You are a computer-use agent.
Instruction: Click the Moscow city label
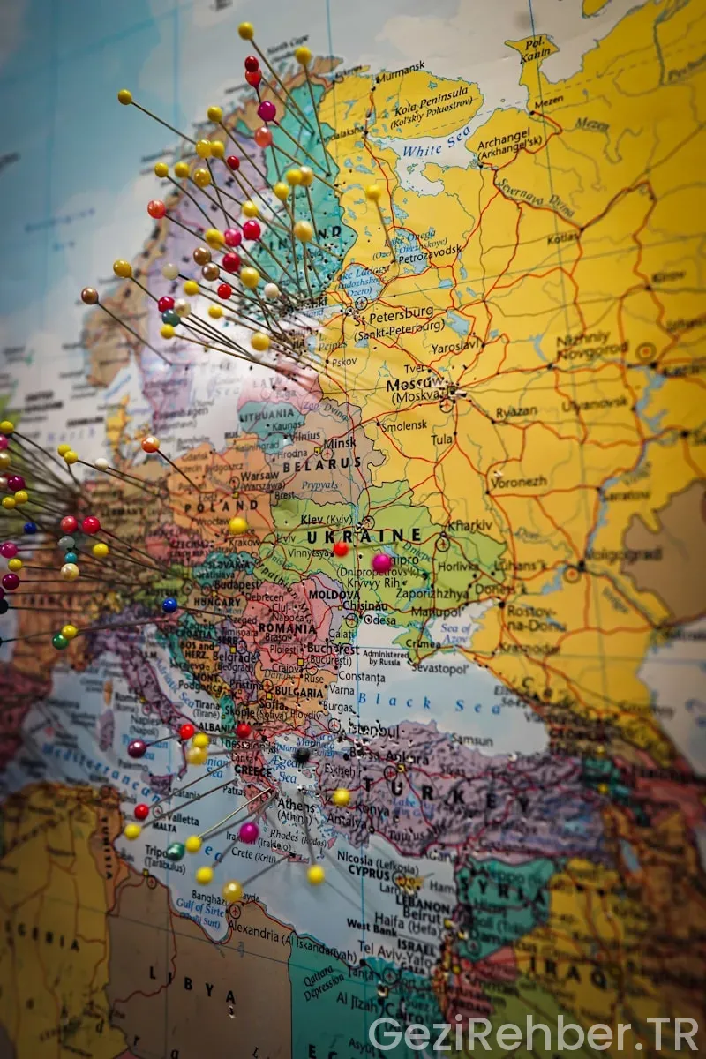(415, 385)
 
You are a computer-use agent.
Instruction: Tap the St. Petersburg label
(394, 312)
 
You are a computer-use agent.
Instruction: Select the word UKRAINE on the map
(364, 536)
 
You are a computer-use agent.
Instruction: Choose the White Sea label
(437, 141)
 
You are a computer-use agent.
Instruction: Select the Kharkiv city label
(469, 525)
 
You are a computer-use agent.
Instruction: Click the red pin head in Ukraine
(341, 549)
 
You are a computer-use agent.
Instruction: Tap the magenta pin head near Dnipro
(381, 562)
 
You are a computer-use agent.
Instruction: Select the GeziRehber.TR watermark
(533, 1033)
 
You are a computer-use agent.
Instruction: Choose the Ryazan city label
(516, 412)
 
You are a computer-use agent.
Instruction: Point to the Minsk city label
(340, 444)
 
